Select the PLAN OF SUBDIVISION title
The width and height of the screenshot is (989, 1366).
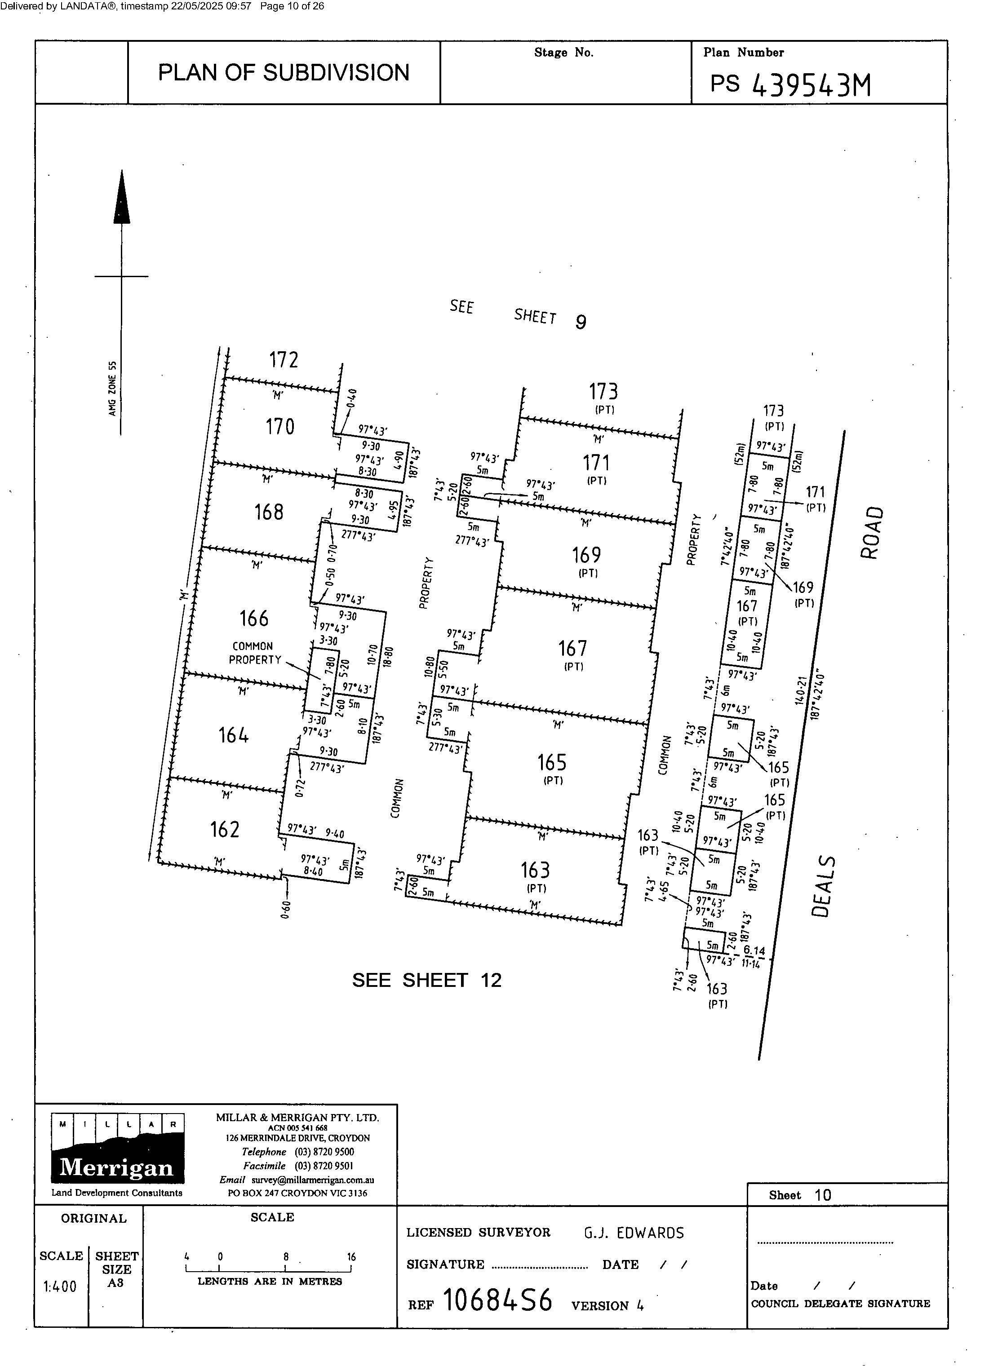[283, 73]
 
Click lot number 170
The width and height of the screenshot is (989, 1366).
[280, 427]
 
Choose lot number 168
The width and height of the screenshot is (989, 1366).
[269, 512]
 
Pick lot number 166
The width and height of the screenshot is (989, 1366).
[254, 619]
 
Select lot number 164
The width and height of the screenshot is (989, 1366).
[234, 735]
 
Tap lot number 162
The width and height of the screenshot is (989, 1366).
[225, 829]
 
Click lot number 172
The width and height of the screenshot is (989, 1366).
[284, 360]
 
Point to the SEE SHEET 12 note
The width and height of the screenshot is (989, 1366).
[426, 981]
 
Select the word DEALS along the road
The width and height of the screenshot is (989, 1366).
[823, 885]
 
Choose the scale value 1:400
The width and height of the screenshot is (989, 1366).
[60, 1287]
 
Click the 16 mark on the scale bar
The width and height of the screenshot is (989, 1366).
[351, 1257]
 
